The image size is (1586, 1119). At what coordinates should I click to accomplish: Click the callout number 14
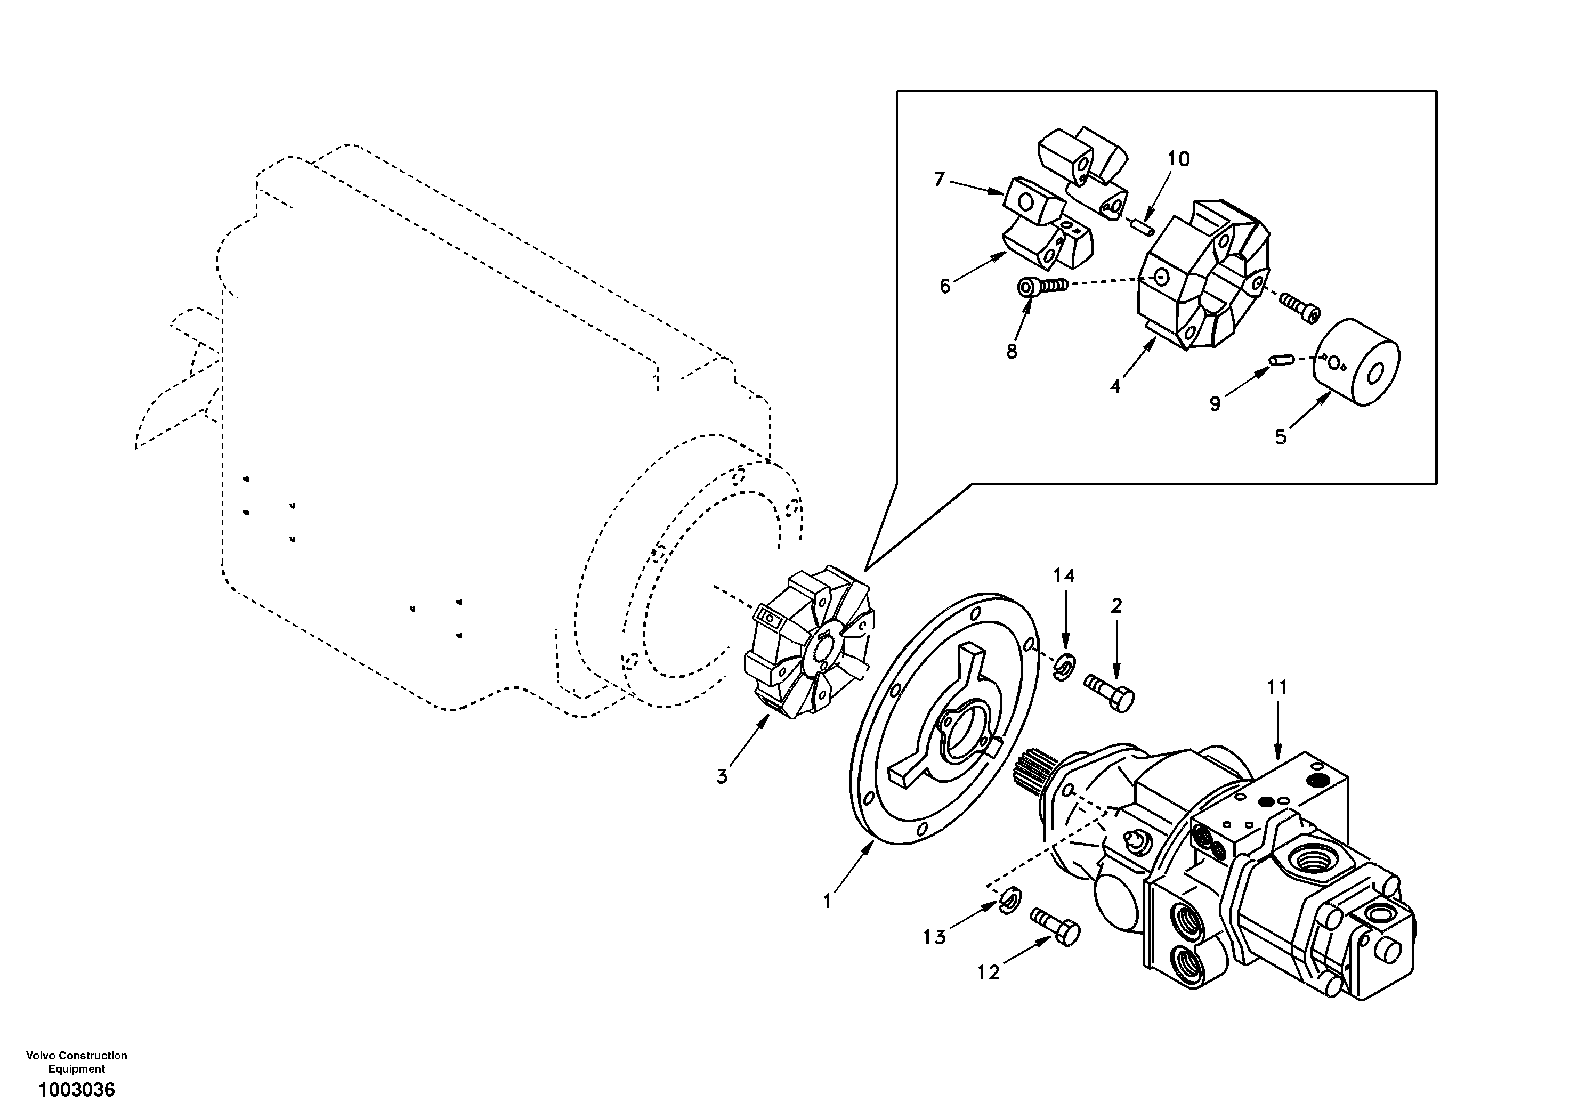[1064, 575]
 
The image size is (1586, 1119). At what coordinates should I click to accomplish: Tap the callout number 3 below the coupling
[721, 777]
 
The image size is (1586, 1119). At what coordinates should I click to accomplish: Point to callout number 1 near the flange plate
[827, 902]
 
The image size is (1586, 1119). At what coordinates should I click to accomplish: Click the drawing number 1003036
[77, 1090]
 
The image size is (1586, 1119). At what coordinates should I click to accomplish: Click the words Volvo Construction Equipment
[77, 1061]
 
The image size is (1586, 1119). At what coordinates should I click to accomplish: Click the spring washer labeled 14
[1064, 664]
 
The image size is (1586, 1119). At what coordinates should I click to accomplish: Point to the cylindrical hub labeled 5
[1356, 363]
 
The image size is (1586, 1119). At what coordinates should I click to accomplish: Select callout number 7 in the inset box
[938, 180]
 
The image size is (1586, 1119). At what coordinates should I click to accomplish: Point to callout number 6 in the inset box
[945, 285]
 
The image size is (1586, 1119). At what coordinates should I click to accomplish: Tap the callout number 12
[989, 972]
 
